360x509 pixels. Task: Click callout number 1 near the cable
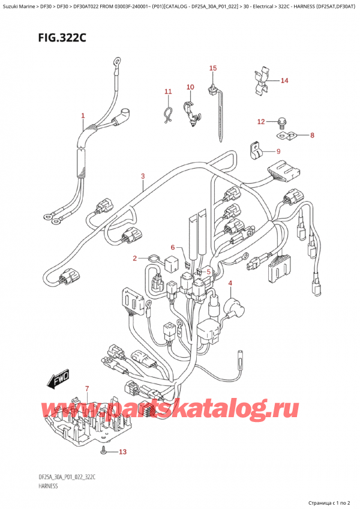pos(83,115)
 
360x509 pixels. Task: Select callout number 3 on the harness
pos(143,176)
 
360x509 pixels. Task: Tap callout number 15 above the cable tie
pos(212,68)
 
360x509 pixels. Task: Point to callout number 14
pos(284,80)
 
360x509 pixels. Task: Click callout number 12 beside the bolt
pos(260,122)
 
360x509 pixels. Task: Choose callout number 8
pos(311,135)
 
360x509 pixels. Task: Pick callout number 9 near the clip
pos(278,151)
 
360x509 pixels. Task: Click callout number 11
pos(168,91)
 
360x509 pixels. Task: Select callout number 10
pos(190,87)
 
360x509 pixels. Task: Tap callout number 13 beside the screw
pos(123,451)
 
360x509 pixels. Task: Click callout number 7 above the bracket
pos(87,389)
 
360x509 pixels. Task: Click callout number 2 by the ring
pos(136,258)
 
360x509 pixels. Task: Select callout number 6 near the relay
pos(172,247)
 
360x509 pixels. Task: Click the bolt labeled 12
pos(281,125)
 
